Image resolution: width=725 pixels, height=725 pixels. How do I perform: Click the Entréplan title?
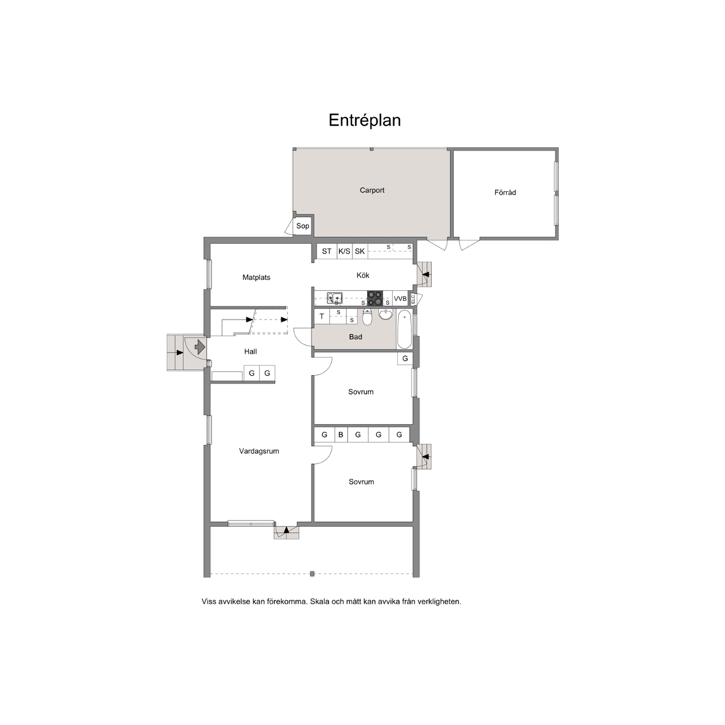coord(365,120)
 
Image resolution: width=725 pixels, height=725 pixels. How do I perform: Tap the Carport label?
coord(372,190)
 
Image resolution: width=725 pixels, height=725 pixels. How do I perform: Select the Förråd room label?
coord(505,192)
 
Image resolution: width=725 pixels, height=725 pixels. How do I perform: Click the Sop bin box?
coord(303,226)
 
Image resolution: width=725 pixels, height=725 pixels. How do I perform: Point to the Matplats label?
coord(256,278)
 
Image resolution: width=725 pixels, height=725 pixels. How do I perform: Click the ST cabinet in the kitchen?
coord(327,251)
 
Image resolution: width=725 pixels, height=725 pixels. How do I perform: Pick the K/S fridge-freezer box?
coord(344,251)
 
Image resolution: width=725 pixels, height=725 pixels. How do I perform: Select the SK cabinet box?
coord(360,251)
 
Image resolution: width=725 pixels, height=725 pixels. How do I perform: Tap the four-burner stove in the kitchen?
coord(375,298)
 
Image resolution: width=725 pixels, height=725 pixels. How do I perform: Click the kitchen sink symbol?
coord(334,297)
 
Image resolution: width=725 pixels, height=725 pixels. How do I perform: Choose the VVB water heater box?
coord(400,299)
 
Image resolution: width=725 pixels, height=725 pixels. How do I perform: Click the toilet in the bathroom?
coord(367,316)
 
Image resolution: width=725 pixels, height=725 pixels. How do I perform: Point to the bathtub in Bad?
coord(404,330)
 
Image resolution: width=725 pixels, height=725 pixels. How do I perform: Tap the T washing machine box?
coord(322,316)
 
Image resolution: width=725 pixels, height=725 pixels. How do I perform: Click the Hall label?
coord(251,352)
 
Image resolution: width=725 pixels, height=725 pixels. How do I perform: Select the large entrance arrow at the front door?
coord(200,346)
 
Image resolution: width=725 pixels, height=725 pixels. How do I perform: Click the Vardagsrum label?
coord(259,451)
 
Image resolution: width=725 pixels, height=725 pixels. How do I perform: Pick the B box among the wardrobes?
coord(341,435)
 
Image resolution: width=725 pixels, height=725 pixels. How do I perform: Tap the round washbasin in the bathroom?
coord(386,314)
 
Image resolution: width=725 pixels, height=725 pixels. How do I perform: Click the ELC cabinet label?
coord(414,299)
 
